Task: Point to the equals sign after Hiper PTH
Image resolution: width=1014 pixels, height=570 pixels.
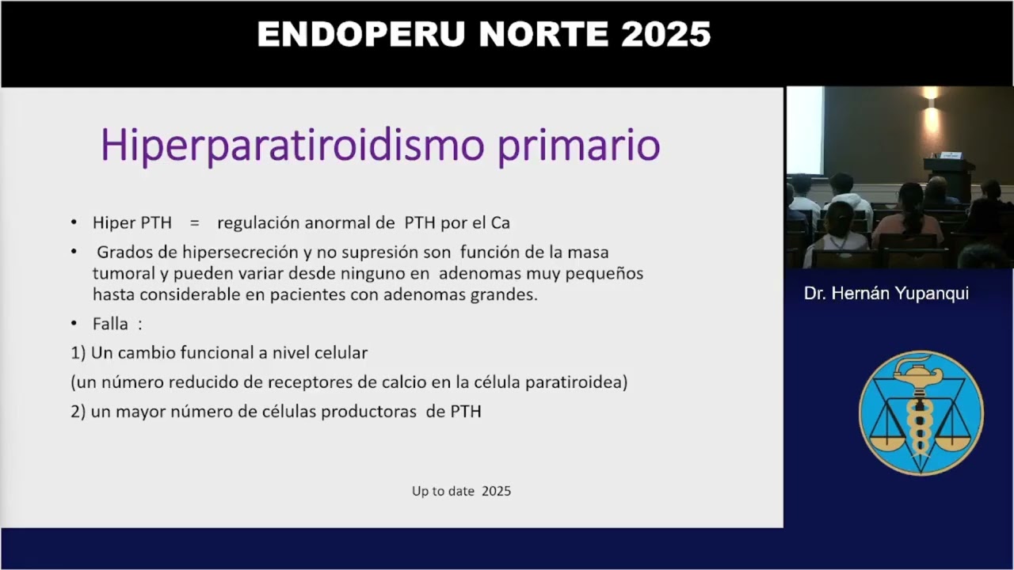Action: [194, 223]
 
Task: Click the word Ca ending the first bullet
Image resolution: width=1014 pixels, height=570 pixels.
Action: [501, 223]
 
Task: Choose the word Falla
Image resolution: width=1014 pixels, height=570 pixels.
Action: [110, 324]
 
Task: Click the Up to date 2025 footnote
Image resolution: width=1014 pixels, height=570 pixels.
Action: [461, 491]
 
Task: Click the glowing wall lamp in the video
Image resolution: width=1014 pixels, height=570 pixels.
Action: [931, 95]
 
